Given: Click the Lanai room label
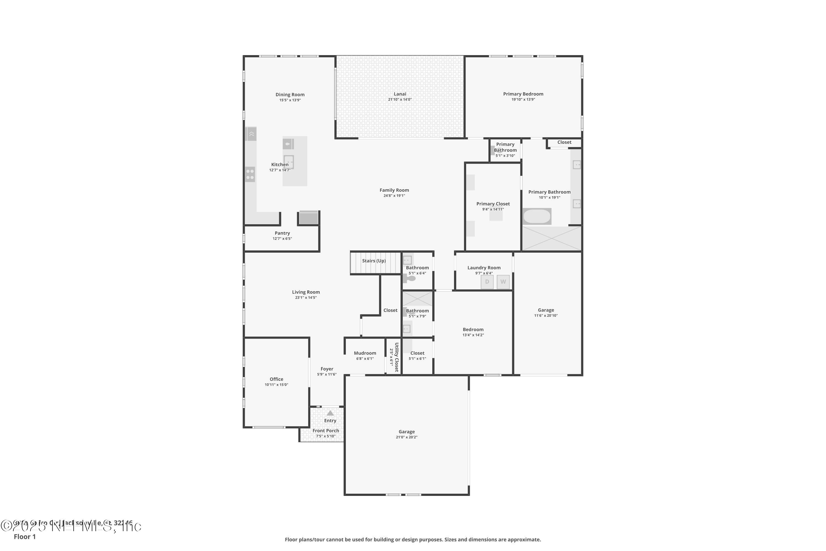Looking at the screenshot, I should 400,94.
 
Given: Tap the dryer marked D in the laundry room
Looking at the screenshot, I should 487,282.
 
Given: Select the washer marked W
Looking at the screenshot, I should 503,282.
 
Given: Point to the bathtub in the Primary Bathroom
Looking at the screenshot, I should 537,217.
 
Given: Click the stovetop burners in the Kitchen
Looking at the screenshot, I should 250,175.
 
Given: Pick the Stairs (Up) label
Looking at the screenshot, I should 374,261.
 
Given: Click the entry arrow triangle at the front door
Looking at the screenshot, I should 330,413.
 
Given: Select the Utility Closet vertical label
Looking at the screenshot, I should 396,357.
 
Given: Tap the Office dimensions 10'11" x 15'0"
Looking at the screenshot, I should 276,385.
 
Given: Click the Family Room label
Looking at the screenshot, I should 394,190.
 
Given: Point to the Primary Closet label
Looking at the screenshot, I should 493,204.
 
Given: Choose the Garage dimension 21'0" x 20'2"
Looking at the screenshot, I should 406,437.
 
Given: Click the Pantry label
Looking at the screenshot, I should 282,233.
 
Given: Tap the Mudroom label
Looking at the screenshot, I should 365,353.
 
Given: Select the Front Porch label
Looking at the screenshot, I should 325,430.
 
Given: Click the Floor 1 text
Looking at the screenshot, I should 25,537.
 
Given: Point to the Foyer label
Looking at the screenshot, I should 327,369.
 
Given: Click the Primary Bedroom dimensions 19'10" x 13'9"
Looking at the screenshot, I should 523,99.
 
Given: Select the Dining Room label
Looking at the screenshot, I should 290,94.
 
